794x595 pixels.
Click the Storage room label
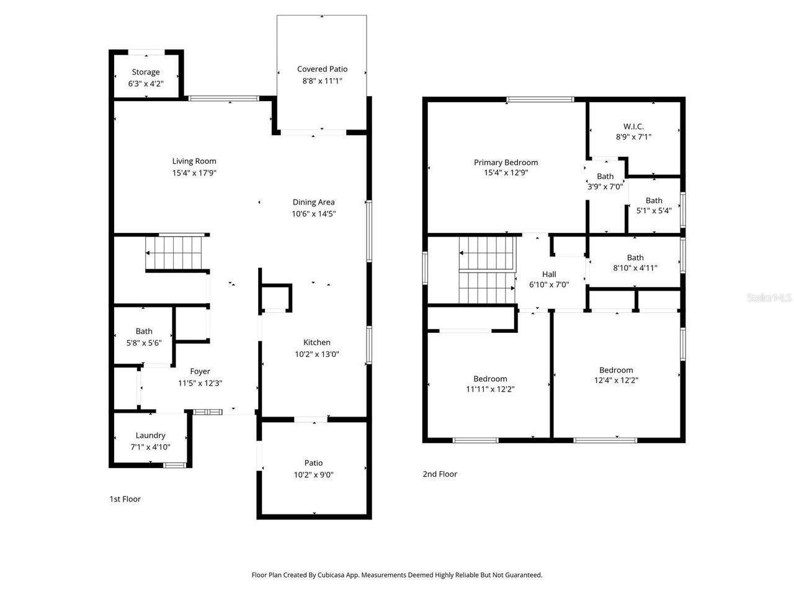tap(146, 72)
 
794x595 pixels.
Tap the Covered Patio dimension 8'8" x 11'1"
tap(322, 81)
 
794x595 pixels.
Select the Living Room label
tap(194, 161)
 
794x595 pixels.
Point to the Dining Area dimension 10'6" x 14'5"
tap(314, 214)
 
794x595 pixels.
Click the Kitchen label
tap(316, 342)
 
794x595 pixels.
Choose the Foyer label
tap(200, 371)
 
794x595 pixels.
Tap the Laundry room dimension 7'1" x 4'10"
tap(150, 447)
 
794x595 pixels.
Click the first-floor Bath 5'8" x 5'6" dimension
tap(144, 343)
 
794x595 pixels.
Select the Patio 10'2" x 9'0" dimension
tap(313, 475)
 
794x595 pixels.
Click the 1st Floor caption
tap(125, 499)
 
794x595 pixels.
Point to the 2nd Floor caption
tap(440, 474)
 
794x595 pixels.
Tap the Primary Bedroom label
tap(506, 162)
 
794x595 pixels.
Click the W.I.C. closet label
tap(633, 126)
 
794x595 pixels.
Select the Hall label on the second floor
tap(549, 274)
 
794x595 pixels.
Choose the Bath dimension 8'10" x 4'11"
tap(635, 268)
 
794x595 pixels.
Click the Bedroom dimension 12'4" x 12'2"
tap(616, 381)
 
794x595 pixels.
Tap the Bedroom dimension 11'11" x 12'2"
tap(490, 389)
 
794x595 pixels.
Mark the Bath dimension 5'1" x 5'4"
tap(654, 211)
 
